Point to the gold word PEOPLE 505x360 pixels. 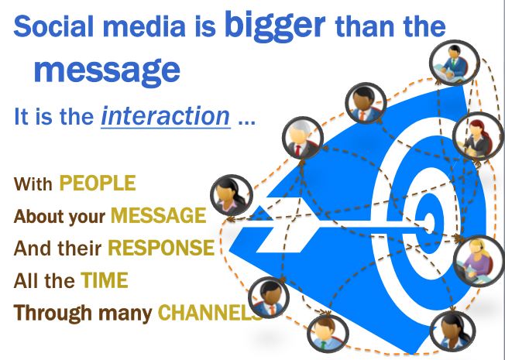98,183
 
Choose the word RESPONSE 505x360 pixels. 160,248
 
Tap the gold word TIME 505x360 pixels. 103,280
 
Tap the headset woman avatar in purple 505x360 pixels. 474,256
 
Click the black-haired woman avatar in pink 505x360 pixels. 230,194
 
